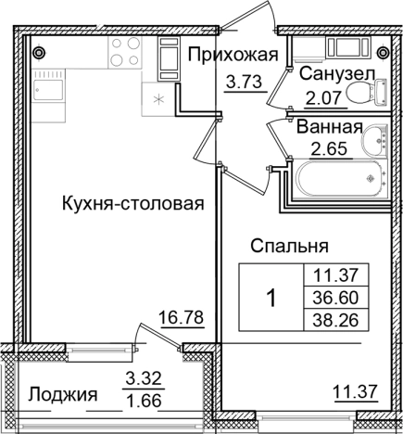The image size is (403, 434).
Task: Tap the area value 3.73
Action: (244, 82)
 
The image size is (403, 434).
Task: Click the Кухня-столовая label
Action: (133, 203)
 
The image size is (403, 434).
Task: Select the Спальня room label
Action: (291, 246)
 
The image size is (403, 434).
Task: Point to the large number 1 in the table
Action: (271, 299)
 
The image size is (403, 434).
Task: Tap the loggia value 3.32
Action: (143, 378)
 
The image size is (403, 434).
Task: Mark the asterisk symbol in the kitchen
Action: (157, 97)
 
